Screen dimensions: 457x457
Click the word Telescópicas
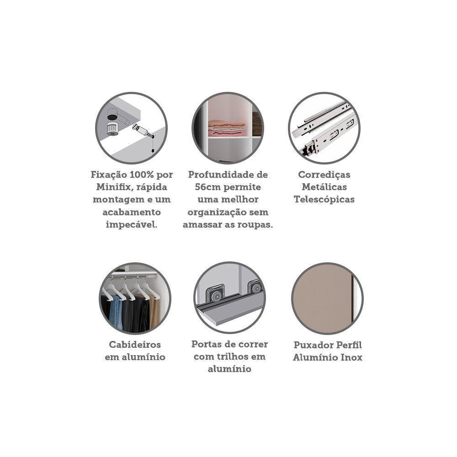point(324,200)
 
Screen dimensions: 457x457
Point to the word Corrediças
point(324,175)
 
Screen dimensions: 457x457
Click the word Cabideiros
point(135,345)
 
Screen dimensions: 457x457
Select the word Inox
point(351,357)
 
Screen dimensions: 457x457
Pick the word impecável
point(132,224)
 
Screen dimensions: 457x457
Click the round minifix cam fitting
point(112,128)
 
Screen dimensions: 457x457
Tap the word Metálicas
point(324,187)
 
